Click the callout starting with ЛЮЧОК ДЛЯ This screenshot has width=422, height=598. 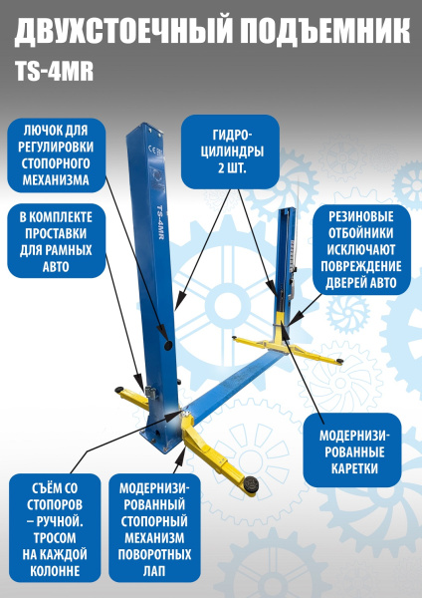click(58, 154)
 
